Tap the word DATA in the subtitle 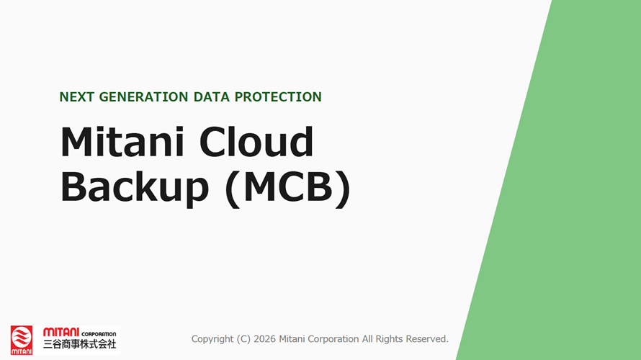tap(211, 97)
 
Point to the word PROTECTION tap(278, 97)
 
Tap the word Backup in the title tap(135, 186)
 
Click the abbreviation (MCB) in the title tap(287, 188)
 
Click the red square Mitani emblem tap(22, 340)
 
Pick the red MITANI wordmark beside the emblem tap(61, 332)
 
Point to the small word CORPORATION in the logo tap(99, 334)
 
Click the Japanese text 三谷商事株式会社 tap(80, 344)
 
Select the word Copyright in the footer tap(212, 338)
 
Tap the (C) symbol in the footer tap(243, 338)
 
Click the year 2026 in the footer tap(264, 338)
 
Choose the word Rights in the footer tap(389, 339)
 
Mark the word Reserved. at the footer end tap(427, 338)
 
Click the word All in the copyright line tap(367, 338)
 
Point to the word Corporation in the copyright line tap(333, 339)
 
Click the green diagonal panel tap(573, 204)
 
